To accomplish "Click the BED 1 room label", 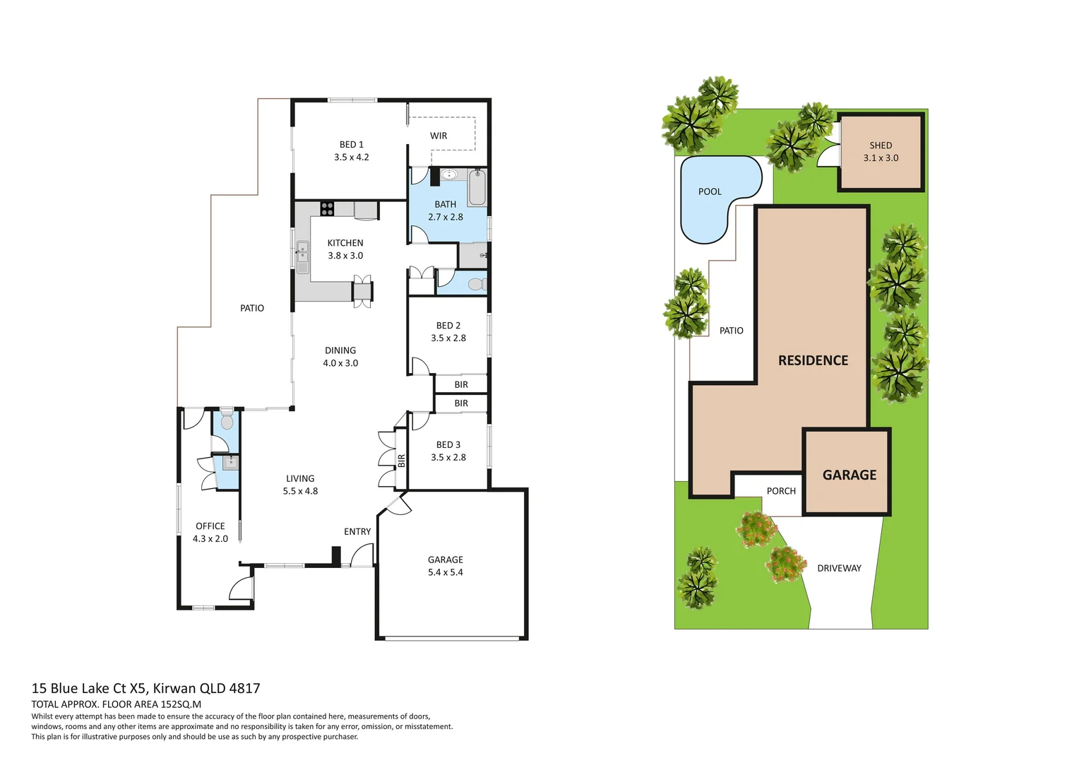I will coord(351,145).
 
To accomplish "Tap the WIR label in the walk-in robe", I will coord(439,136).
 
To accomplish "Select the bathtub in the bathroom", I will coord(477,187).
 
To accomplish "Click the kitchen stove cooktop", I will coord(327,208).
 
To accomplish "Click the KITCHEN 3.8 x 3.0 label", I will coord(345,249).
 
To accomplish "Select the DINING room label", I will coord(340,350).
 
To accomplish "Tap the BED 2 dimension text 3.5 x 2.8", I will coord(448,338).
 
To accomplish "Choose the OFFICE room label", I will coord(210,526).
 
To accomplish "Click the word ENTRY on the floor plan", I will coord(357,532).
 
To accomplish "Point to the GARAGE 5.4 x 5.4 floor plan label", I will coord(446,566).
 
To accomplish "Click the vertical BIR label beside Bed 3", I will coord(402,461).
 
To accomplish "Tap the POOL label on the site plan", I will coord(710,191).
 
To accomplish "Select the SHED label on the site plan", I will coord(881,146).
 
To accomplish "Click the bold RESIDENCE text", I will coord(813,360).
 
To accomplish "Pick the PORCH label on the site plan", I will coord(781,491).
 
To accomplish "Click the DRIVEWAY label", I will coord(839,568).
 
